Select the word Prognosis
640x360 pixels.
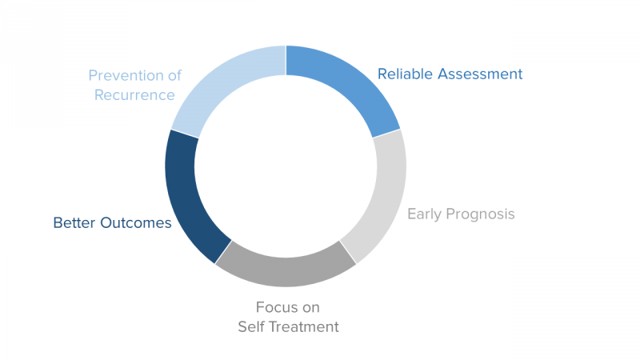pyautogui.click(x=482, y=214)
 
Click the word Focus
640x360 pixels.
pyautogui.click(x=277, y=307)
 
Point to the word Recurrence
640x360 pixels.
pyautogui.click(x=134, y=95)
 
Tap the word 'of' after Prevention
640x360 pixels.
pyautogui.click(x=174, y=76)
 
